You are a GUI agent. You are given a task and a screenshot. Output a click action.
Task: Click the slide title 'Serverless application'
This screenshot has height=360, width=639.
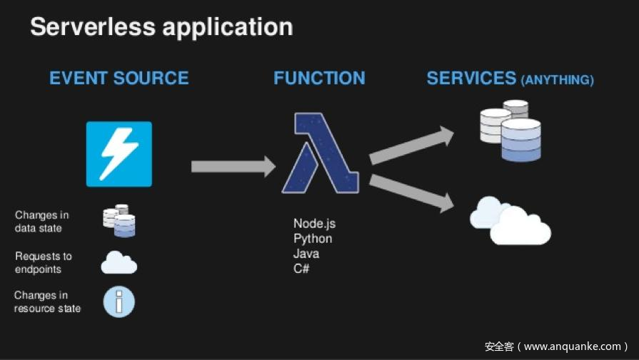tap(161, 27)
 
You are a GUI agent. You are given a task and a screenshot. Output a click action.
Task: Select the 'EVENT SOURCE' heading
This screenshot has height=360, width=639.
tap(119, 78)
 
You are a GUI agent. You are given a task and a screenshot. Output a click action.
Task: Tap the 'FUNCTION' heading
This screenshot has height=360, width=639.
tap(319, 78)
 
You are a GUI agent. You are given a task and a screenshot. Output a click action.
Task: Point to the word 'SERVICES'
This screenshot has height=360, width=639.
tap(471, 78)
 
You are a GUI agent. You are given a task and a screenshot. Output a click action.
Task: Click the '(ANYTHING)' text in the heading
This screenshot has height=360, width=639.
tap(558, 80)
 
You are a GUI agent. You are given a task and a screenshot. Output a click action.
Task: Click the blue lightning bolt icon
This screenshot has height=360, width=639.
tap(119, 154)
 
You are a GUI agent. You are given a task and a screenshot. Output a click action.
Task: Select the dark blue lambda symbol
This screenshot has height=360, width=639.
tap(318, 153)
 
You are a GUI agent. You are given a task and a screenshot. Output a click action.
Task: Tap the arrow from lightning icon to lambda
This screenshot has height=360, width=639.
tap(233, 166)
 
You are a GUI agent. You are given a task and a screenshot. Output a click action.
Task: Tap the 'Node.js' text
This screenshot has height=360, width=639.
tap(314, 224)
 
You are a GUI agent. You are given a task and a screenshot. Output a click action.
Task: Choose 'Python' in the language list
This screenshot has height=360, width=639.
tap(313, 239)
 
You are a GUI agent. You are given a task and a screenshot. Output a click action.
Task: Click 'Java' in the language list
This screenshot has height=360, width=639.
tap(306, 254)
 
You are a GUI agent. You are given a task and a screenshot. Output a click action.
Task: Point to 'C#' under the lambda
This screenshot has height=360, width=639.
tap(301, 269)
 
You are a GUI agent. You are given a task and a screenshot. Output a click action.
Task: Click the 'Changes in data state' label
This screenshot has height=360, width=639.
tap(42, 221)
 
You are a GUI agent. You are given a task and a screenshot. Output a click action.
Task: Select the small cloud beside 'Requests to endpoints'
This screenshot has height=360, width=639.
tap(119, 262)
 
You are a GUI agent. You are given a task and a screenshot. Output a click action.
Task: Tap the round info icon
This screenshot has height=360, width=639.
tap(119, 301)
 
